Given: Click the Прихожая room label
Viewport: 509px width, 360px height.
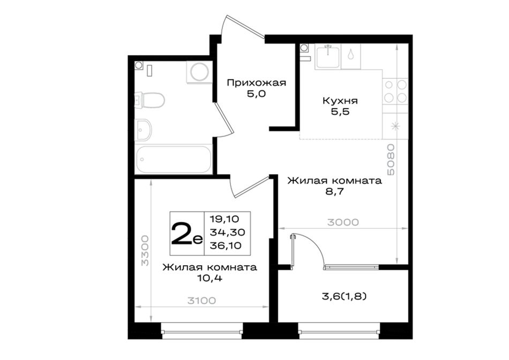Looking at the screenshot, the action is [x=256, y=83].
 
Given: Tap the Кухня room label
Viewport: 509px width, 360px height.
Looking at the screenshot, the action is [x=340, y=101].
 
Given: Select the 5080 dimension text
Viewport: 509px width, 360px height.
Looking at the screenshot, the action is [x=391, y=160].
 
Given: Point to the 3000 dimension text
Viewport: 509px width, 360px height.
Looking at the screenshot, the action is [x=343, y=222].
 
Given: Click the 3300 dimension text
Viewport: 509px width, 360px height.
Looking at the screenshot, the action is [x=145, y=250].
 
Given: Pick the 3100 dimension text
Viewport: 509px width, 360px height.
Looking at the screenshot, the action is [x=201, y=301].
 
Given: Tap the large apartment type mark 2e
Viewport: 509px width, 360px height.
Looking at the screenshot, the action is [x=186, y=234].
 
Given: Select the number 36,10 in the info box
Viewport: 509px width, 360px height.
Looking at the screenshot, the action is [x=226, y=245].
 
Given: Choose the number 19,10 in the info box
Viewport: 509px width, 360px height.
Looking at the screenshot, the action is [x=224, y=219].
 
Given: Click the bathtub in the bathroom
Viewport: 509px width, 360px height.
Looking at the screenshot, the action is [x=174, y=160].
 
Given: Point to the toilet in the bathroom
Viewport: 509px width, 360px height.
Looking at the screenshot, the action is [x=150, y=100].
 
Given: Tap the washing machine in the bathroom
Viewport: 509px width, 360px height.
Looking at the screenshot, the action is [x=199, y=72].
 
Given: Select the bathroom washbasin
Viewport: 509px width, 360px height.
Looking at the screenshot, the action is [x=143, y=130].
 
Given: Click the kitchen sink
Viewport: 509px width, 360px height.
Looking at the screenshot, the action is [x=327, y=57].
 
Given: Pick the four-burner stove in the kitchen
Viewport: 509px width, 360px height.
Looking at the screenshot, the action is [x=395, y=91].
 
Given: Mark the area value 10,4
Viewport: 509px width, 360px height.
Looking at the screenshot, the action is [x=209, y=278].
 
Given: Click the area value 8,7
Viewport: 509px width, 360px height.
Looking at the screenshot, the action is [x=335, y=192].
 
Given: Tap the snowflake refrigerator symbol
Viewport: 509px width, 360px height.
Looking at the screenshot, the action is [x=395, y=126].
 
